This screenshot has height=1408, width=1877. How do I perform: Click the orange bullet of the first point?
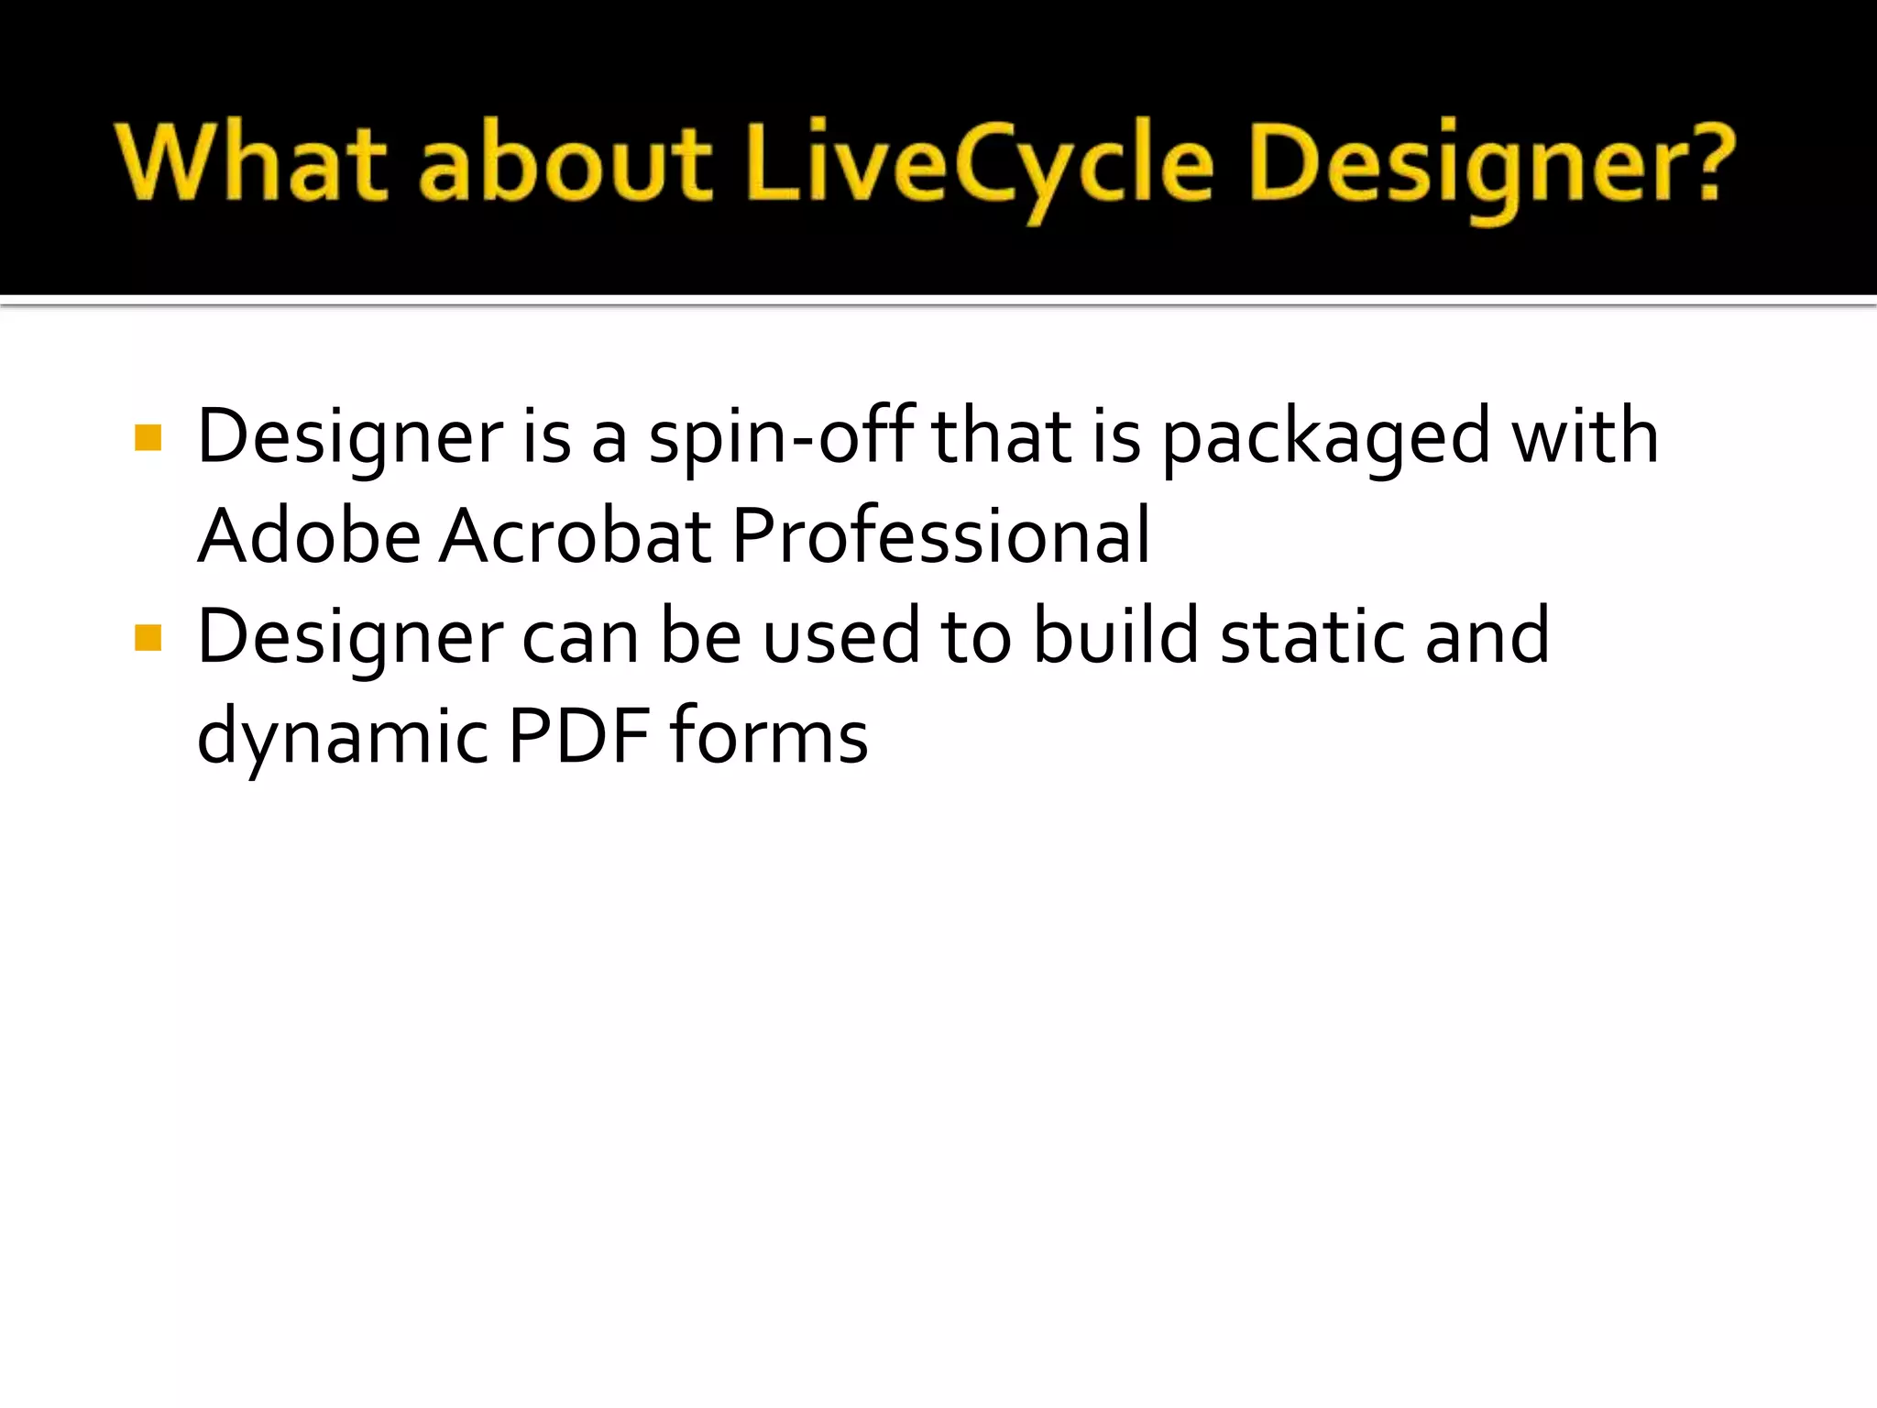pyautogui.click(x=148, y=438)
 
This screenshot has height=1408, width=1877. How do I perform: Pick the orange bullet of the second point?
pyautogui.click(x=148, y=637)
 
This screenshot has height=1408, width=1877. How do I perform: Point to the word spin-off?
pyautogui.click(x=781, y=438)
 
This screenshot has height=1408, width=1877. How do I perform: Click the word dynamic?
pyautogui.click(x=343, y=737)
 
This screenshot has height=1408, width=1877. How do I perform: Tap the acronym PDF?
pyautogui.click(x=578, y=735)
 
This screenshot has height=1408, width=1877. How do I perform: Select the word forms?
pyautogui.click(x=768, y=735)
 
